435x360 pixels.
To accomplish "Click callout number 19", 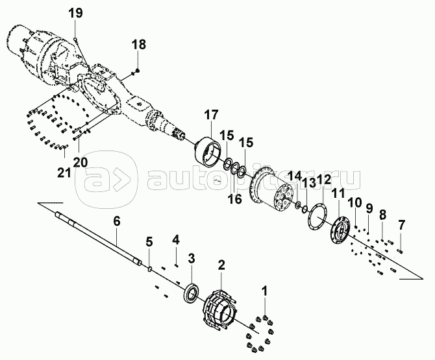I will (75, 12).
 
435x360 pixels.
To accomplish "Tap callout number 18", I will (139, 44).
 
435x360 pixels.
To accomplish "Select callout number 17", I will (211, 115).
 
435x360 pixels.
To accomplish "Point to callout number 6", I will (117, 221).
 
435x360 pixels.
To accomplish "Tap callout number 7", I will (401, 225).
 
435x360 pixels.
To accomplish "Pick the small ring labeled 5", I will (151, 267).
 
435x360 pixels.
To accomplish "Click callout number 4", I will (175, 240).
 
